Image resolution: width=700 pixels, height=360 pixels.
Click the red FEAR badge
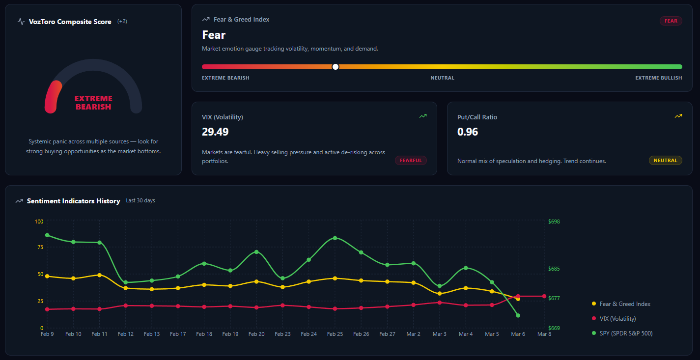click(671, 21)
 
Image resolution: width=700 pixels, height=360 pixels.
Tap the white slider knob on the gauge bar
click(336, 67)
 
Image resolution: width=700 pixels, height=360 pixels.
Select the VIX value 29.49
click(215, 132)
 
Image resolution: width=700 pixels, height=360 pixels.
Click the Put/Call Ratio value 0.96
click(468, 132)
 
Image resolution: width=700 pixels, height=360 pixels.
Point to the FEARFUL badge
click(411, 161)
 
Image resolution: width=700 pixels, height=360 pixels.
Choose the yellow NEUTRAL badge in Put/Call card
click(665, 161)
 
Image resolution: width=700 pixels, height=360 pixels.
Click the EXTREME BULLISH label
click(658, 78)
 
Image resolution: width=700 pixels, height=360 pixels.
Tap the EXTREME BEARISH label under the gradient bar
click(225, 78)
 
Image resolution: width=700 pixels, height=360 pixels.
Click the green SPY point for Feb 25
click(335, 238)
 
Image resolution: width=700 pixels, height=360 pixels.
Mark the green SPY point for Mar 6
click(518, 315)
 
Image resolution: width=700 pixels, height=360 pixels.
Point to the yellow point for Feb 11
click(100, 275)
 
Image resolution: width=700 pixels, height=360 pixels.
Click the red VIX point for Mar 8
click(544, 296)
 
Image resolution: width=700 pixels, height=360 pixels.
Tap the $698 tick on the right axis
click(554, 222)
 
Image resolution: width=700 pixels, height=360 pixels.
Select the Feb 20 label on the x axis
click(256, 334)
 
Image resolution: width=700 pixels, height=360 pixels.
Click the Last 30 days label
click(140, 201)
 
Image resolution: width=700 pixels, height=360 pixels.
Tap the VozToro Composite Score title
click(70, 22)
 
